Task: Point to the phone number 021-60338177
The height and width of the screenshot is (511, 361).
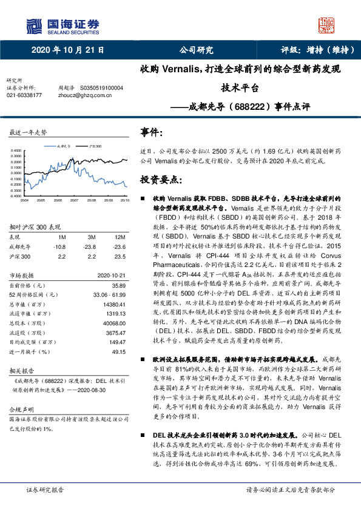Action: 24,95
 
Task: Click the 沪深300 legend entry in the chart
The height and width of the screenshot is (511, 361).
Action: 94,146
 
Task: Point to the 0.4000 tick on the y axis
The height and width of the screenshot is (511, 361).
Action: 15,150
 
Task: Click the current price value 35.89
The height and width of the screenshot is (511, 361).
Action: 118,285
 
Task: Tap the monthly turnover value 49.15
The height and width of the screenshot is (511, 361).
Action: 118,351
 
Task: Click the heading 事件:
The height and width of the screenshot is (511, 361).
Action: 152,132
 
